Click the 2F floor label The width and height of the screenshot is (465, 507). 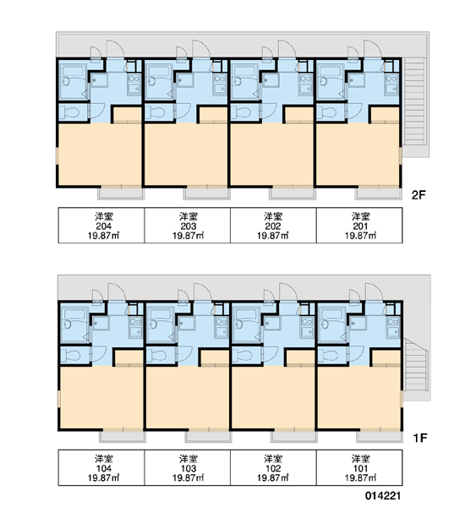click(418, 195)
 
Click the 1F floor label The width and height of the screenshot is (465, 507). click(420, 438)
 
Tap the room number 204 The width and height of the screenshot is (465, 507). click(103, 226)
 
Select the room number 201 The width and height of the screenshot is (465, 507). click(360, 226)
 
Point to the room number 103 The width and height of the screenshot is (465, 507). click(189, 468)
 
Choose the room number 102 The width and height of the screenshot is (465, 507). click(273, 468)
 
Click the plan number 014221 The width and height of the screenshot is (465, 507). click(383, 495)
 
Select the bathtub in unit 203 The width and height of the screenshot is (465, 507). click(159, 71)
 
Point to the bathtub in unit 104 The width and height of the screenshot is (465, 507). click(74, 314)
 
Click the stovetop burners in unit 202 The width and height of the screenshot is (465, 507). click(305, 79)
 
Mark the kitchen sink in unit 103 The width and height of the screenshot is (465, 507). click(222, 331)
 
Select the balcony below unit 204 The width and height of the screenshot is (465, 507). click(121, 194)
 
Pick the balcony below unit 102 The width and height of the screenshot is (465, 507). click(294, 437)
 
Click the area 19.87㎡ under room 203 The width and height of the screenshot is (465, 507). click(189, 236)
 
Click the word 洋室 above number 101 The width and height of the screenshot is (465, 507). click(360, 459)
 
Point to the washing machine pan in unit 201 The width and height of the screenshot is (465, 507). click(356, 80)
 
